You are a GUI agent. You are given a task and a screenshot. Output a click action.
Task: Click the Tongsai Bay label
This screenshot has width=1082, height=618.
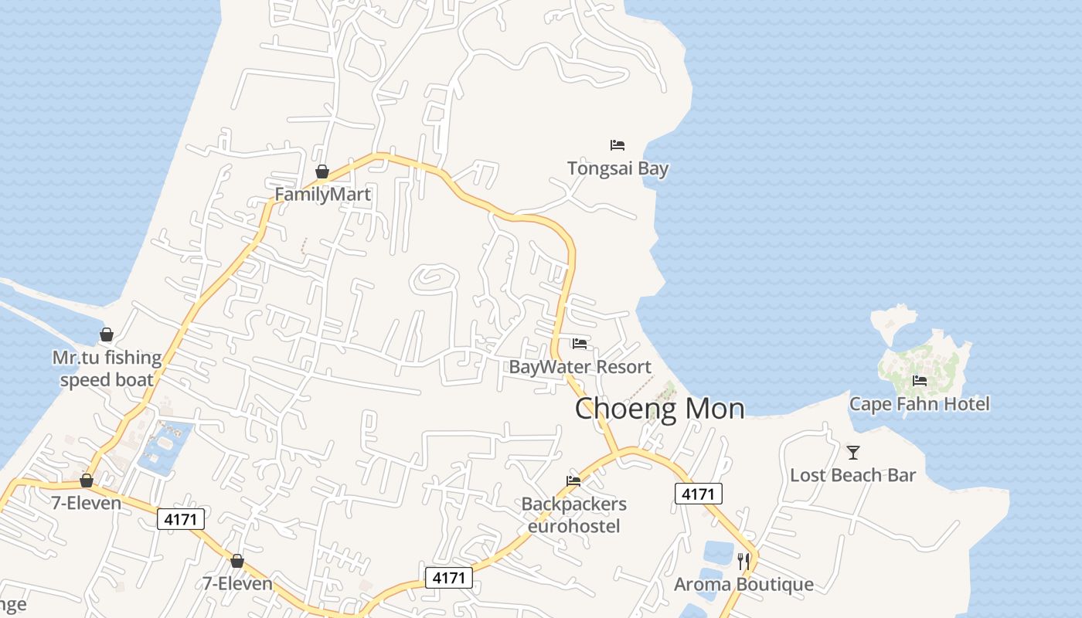618,168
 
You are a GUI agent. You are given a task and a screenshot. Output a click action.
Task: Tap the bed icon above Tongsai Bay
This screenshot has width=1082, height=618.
617,144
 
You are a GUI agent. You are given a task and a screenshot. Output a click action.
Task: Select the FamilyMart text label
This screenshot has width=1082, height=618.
323,195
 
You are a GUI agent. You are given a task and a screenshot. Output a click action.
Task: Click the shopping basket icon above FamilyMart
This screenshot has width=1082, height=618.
322,171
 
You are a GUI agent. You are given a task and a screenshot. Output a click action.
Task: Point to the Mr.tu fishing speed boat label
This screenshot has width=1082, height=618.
107,368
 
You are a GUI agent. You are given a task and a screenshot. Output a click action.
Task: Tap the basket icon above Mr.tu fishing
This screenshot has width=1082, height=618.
107,334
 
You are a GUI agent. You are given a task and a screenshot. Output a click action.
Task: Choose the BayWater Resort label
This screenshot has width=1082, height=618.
580,367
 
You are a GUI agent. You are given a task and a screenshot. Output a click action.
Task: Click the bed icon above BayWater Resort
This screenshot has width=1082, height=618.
580,343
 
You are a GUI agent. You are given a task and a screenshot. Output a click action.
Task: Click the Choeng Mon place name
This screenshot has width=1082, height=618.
659,409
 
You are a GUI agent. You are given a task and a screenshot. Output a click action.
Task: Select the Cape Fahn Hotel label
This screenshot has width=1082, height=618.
919,403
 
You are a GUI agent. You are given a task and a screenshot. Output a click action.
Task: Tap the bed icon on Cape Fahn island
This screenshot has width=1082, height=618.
920,380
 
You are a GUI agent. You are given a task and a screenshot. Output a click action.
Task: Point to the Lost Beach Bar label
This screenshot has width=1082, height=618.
852,475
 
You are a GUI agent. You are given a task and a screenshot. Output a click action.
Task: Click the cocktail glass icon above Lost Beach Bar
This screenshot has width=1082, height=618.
853,452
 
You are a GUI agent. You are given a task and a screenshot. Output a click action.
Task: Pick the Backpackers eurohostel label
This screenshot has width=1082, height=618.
573,515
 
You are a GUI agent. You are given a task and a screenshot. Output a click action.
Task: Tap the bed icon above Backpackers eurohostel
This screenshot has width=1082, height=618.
573,480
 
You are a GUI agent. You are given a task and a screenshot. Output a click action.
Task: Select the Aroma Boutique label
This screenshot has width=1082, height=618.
743,584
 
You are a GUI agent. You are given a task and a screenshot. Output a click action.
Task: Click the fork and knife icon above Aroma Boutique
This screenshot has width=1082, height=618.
743,561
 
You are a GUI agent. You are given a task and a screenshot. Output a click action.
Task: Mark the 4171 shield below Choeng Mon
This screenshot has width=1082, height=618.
699,494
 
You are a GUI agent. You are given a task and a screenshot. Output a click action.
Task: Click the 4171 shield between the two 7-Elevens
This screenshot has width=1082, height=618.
181,519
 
